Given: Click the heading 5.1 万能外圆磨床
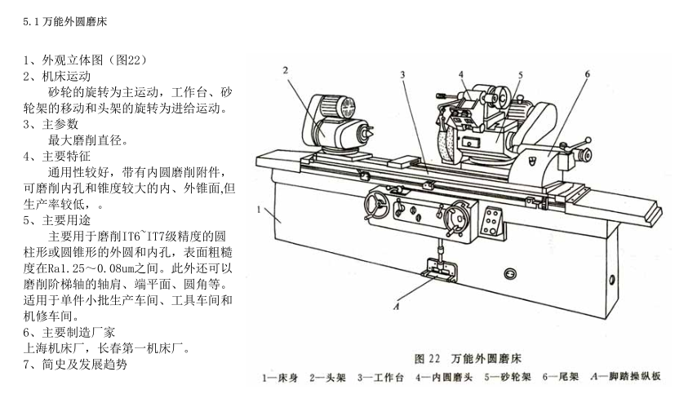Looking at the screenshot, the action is coord(65,22).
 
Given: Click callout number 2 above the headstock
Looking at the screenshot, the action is coord(286,71).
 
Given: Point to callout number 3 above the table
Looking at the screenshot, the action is coord(402,75).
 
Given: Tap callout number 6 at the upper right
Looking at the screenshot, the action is coord(587,74).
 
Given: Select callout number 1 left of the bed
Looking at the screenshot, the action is coord(259,210).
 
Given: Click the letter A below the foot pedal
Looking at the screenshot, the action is coord(397,307).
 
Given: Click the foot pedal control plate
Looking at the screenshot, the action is coord(439,271).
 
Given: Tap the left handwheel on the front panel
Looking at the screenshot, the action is coord(376,206).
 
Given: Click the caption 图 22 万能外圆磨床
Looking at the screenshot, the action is coord(468,359).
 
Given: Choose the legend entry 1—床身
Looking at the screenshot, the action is coord(280,378).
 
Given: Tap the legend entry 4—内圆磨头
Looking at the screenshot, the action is coord(444,378).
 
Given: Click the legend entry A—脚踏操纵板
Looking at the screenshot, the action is coord(626,377).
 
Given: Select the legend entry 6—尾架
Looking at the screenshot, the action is coord(561,377).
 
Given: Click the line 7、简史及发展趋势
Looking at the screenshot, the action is coord(75,364).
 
